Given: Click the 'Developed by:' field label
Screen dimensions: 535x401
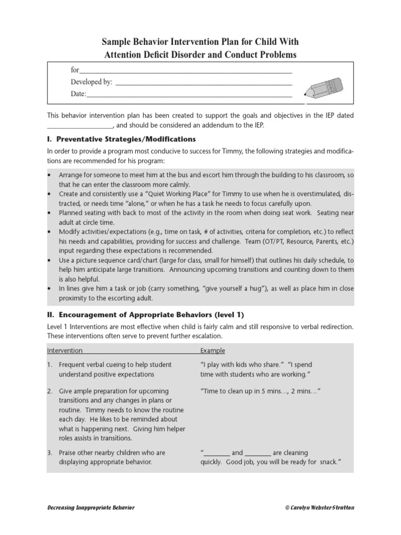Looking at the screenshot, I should (x=91, y=82).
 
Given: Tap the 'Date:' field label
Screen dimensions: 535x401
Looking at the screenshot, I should (x=78, y=94).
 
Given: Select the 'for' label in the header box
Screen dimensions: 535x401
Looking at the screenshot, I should (x=75, y=70).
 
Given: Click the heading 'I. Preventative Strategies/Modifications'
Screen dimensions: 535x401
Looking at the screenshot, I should (x=121, y=139).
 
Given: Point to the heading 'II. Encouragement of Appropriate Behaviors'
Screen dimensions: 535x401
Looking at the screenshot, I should (x=145, y=315).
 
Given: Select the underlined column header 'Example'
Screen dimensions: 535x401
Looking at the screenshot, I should (x=213, y=351).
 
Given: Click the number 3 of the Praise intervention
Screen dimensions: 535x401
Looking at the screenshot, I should (x=50, y=453).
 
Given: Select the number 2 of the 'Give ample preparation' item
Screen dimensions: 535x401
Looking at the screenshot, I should (x=50, y=391).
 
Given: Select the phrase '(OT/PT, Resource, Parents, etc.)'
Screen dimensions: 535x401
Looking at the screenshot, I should (x=308, y=241).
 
